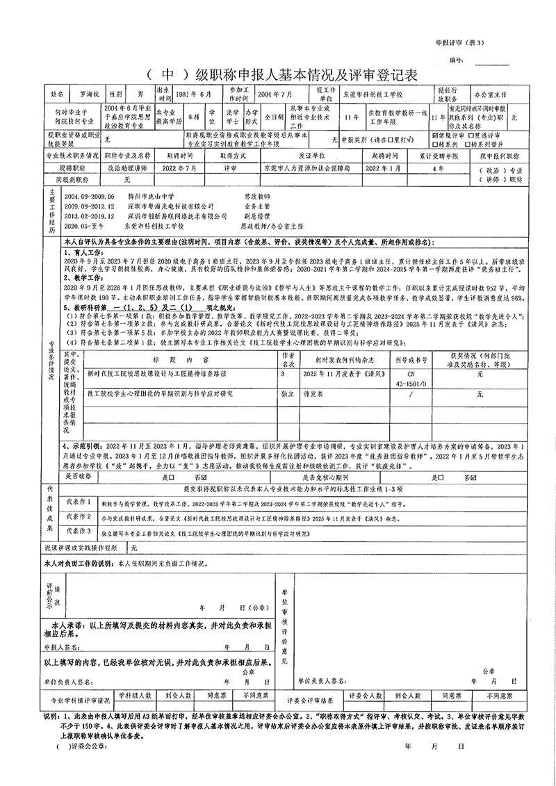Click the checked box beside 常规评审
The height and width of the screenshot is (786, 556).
tap(434, 135)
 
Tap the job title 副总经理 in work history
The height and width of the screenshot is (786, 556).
tap(255, 216)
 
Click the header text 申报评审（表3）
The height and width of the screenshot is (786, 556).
tap(460, 42)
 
